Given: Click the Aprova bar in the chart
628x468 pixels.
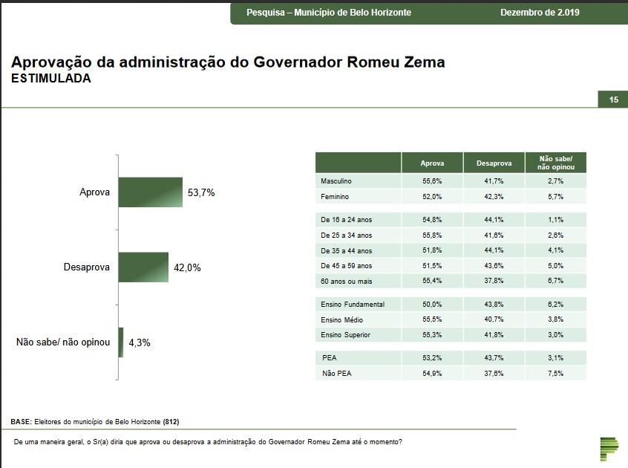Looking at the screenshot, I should click(x=150, y=192).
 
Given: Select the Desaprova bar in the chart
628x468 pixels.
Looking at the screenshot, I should click(x=144, y=267).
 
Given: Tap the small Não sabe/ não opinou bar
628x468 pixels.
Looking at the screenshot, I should click(x=121, y=342).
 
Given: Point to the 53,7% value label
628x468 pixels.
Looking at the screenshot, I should click(x=201, y=192).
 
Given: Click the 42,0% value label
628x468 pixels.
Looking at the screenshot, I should click(x=187, y=267).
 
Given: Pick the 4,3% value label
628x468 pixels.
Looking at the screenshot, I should click(x=139, y=343).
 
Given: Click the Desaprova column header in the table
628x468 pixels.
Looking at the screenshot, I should click(x=494, y=163).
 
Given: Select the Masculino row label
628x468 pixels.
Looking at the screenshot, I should click(x=336, y=181).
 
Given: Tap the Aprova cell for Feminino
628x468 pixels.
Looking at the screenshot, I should click(x=432, y=197).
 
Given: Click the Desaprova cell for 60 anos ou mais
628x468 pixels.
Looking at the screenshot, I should click(x=494, y=281).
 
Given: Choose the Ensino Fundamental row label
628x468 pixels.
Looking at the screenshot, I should click(x=352, y=304).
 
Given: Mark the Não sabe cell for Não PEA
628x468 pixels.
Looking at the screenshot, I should click(x=556, y=373).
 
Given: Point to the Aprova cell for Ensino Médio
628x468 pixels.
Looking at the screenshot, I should click(x=432, y=319).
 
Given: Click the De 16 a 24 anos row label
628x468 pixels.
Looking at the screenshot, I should click(x=346, y=220).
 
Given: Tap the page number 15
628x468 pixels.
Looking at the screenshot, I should click(x=613, y=100).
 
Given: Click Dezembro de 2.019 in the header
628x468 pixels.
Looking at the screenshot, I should click(x=540, y=13).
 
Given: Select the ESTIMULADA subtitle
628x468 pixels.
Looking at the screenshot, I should click(x=51, y=79).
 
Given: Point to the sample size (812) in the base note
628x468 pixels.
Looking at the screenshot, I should click(x=171, y=421).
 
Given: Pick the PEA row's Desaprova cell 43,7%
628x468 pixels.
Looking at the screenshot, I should click(x=494, y=357).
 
